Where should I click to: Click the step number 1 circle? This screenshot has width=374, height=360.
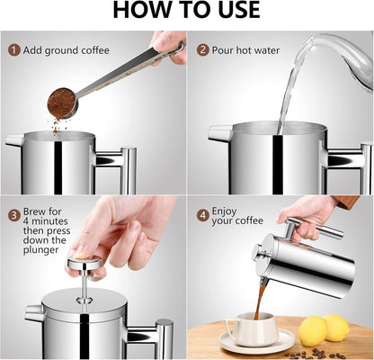tap(13, 50)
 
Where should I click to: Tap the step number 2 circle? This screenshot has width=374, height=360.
tap(203, 49)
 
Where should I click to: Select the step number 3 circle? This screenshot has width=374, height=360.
tap(13, 216)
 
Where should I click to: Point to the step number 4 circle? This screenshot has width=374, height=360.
tap(203, 215)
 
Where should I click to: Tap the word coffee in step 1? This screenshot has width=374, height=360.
tap(94, 50)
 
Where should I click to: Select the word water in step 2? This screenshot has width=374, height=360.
tap(266, 50)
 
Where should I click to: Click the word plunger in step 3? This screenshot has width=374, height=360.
tap(40, 250)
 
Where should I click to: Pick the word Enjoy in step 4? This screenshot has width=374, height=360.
tap(224, 211)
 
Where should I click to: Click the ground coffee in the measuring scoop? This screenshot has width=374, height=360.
tap(61, 103)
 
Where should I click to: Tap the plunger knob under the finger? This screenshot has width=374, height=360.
tap(84, 263)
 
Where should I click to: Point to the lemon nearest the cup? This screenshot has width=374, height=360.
tap(313, 330)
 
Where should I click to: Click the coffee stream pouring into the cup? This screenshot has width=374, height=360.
tap(260, 300)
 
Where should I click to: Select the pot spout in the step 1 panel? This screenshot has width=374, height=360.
tap(15, 140)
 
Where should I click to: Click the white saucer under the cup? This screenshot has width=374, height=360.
tap(257, 341)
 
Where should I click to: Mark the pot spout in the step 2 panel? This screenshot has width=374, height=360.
tap(220, 133)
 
